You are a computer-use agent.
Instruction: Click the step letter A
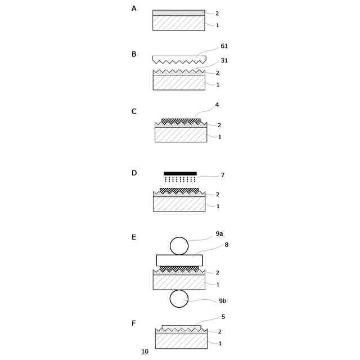point(134,9)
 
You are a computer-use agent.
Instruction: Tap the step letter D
point(134,173)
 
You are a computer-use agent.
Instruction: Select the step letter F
point(134,323)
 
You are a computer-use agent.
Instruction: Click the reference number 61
point(224,46)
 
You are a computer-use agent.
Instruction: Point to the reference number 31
point(224,61)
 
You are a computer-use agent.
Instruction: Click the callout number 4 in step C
point(217,105)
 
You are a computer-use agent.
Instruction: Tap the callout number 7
point(223,175)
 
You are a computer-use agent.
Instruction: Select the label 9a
point(219,234)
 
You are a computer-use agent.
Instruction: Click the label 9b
point(223,301)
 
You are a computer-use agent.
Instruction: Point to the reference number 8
point(227,245)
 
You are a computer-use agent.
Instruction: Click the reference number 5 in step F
point(223,317)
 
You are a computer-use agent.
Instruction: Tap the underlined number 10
point(145,352)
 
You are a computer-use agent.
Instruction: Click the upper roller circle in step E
point(179,246)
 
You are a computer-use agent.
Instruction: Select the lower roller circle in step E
point(179,299)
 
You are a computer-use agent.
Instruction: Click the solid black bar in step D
point(180,174)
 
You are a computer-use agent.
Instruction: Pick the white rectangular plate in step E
point(179,260)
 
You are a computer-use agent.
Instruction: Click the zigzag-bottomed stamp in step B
point(179,59)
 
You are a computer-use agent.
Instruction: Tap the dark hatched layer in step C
point(181,121)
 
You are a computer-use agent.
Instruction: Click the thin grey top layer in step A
point(179,13)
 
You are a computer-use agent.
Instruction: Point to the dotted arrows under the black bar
point(180,179)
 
